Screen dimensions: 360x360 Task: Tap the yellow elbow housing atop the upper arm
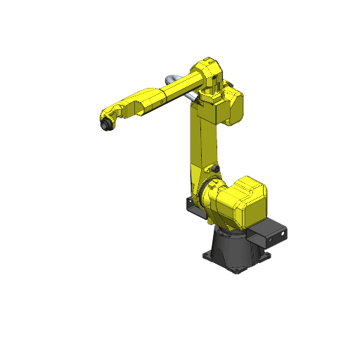tap(210, 75)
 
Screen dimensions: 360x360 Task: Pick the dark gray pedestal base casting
tap(232, 249)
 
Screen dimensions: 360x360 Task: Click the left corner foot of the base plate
tap(207, 252)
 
